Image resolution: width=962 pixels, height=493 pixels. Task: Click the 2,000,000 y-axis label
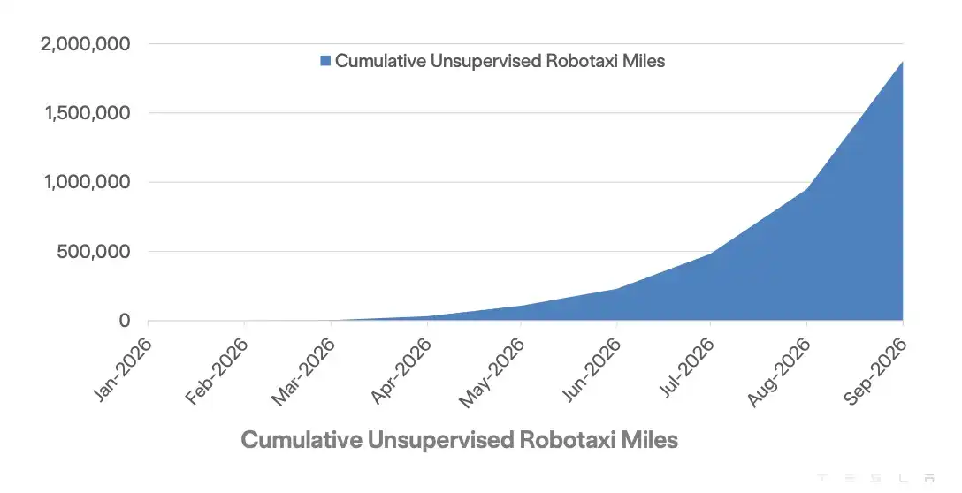pos(86,44)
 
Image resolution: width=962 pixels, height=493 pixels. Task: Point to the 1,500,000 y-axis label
pos(88,113)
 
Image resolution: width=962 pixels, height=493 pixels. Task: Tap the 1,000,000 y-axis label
pos(88,182)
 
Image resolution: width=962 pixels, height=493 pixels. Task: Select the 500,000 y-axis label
pos(94,252)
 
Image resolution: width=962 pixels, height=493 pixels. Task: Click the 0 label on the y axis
pos(126,320)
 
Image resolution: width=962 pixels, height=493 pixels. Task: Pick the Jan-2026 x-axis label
pos(122,369)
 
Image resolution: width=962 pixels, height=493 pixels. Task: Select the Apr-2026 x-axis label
pos(401,369)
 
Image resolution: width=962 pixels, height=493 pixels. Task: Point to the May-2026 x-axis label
pos(492,372)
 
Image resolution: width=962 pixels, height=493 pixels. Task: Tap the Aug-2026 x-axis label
pos(779,372)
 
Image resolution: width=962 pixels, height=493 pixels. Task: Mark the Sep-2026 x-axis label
pos(874,370)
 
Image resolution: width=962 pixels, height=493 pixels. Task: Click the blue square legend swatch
pos(325,61)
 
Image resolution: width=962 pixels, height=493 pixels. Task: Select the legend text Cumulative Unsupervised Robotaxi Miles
pos(500,61)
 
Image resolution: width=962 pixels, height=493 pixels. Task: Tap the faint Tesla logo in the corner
pos(875,478)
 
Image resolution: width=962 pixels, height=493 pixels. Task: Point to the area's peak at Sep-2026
pos(903,61)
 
